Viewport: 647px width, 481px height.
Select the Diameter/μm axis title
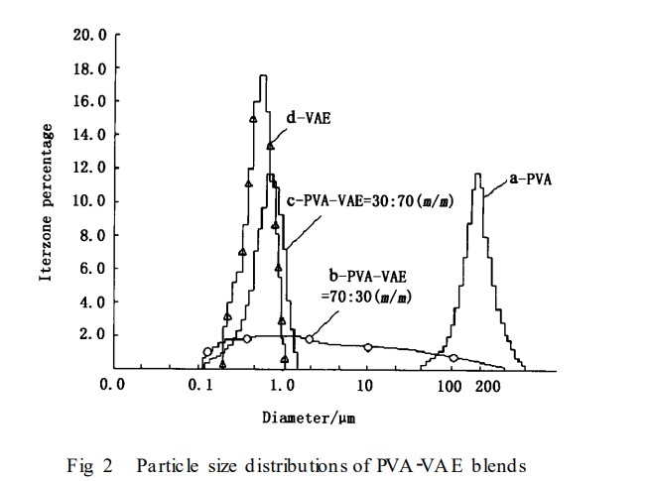pos(308,418)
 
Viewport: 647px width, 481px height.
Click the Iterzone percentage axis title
pos(47,203)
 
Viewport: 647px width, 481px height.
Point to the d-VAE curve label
pos(309,117)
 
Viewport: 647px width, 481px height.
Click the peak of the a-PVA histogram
pos(478,175)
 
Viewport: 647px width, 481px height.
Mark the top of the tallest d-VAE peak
pos(262,75)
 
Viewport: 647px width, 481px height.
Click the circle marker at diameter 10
pos(367,347)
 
